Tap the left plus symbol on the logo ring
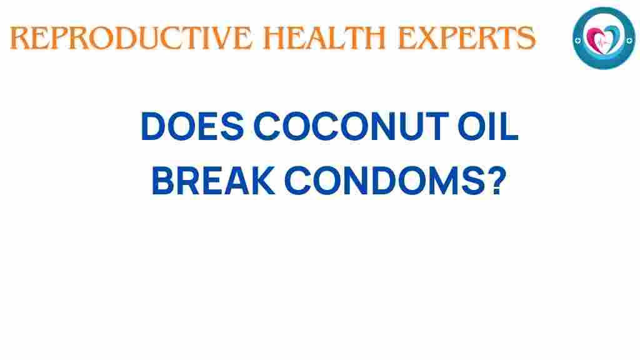(579, 38)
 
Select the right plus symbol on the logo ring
(627, 38)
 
